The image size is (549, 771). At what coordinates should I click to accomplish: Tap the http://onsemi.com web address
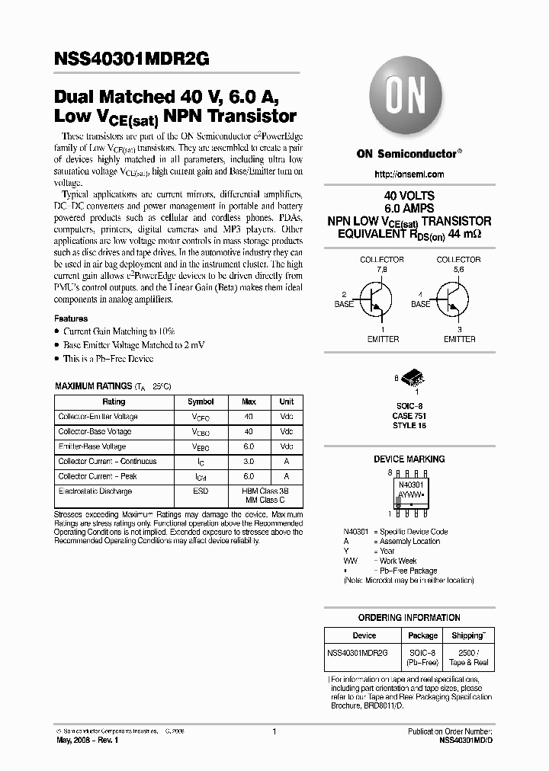(409, 174)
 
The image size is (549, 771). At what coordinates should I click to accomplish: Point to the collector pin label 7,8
(381, 269)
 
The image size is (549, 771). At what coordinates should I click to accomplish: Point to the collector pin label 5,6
(457, 269)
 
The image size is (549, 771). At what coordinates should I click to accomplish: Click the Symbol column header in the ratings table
(201, 401)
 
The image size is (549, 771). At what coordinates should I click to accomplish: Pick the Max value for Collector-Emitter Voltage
(249, 417)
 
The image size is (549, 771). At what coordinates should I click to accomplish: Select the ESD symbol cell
(201, 491)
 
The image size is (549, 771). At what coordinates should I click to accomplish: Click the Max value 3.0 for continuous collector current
(249, 462)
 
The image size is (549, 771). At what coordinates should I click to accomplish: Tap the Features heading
(71, 318)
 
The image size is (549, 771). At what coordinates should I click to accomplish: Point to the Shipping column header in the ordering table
(468, 635)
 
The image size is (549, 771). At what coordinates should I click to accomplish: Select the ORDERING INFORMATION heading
(409, 618)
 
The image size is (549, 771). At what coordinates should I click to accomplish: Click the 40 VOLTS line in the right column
(409, 196)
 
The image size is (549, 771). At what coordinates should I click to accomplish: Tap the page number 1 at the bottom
(274, 731)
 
